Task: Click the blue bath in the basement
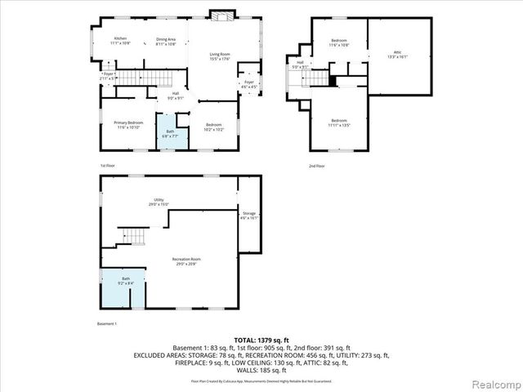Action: (126, 282)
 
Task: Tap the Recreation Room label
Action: (185, 261)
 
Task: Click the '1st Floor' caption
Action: (108, 166)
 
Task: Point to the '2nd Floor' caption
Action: (316, 166)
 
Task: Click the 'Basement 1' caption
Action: (108, 323)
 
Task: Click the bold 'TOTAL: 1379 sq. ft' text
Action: (261, 340)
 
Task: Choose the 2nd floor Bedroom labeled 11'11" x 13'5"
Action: (339, 124)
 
